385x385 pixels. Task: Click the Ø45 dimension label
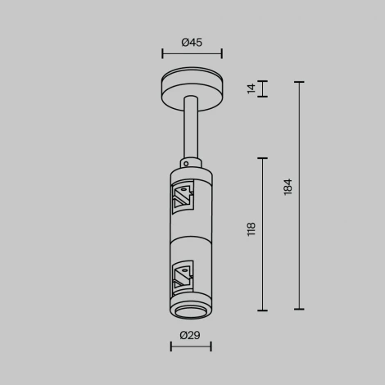(x=192, y=43)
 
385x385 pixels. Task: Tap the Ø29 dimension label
(x=190, y=335)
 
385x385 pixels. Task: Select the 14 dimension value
(x=251, y=88)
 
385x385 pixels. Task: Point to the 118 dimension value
(x=251, y=229)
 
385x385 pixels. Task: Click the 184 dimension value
(x=288, y=187)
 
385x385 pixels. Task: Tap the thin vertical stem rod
(x=192, y=127)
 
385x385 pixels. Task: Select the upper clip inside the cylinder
(x=182, y=197)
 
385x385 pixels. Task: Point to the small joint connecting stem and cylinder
(x=191, y=161)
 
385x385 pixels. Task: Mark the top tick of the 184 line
(x=299, y=82)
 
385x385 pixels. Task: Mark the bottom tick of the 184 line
(x=299, y=310)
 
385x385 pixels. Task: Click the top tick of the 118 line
(x=262, y=158)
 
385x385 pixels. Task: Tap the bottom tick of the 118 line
(x=262, y=310)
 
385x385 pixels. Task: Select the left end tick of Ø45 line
(x=162, y=54)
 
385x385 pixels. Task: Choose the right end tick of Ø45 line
(x=221, y=54)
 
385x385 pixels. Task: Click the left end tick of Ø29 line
(x=171, y=346)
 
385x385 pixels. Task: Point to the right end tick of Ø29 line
(x=211, y=346)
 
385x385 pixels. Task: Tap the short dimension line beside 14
(x=262, y=89)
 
